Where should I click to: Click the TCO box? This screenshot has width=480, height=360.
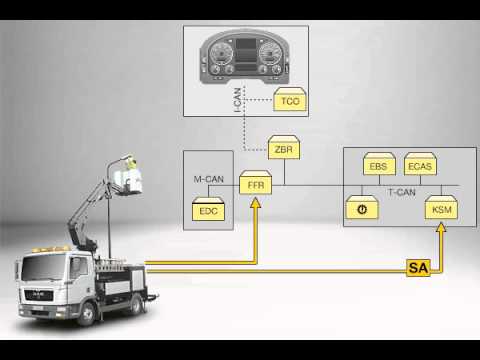[288, 102]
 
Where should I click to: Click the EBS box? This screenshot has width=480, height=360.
[379, 166]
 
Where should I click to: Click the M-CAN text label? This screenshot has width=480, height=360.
[208, 180]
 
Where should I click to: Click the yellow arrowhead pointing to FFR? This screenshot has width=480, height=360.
[257, 205]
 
